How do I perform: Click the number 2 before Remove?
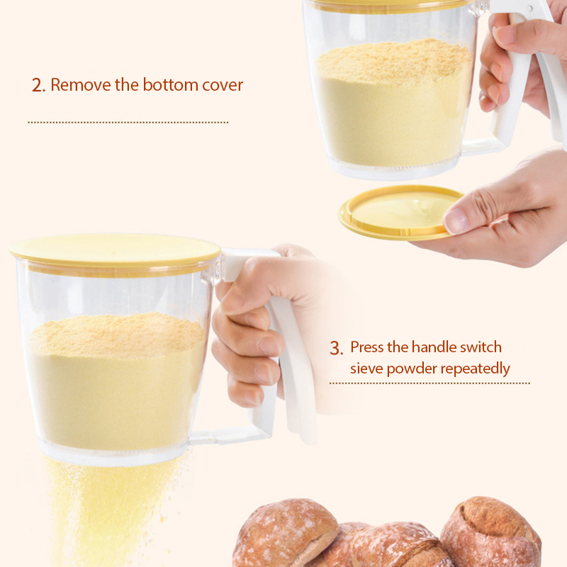click(x=38, y=85)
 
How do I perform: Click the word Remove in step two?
click(x=81, y=84)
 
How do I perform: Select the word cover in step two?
click(x=223, y=86)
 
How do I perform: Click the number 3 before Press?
click(x=336, y=348)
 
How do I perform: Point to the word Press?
click(x=366, y=347)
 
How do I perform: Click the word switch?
click(x=481, y=347)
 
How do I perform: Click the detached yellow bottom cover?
click(x=398, y=213)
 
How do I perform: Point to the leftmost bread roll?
click(x=286, y=532)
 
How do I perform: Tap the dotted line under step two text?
click(x=128, y=123)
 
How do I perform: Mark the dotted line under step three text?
click(x=430, y=383)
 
